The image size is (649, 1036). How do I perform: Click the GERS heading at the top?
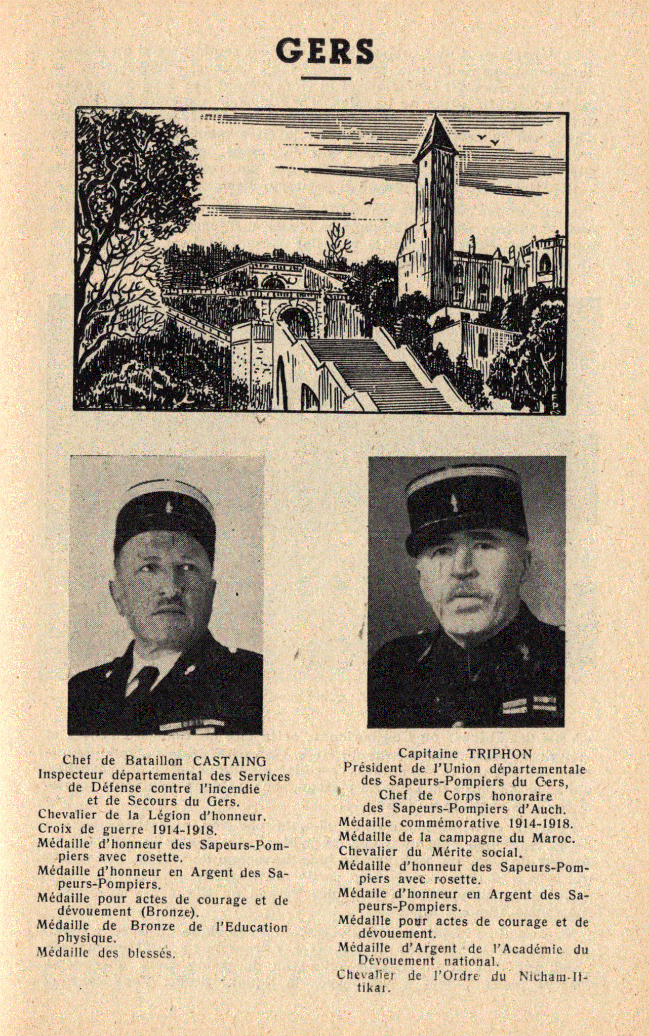324,51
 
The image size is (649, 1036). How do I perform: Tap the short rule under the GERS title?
326,78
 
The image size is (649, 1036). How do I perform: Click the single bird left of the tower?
370,202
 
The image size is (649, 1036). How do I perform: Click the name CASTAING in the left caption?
229,761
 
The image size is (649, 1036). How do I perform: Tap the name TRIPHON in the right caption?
499,754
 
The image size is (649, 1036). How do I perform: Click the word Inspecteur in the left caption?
71,775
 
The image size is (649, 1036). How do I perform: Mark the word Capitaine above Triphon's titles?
428,754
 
